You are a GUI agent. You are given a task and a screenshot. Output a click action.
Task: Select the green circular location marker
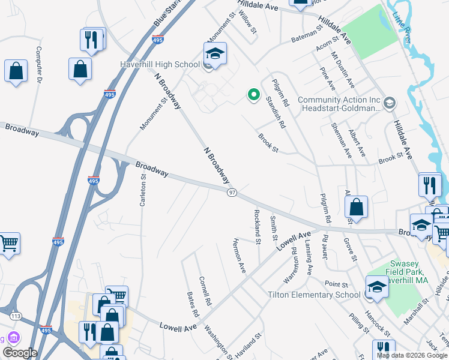click(254, 94)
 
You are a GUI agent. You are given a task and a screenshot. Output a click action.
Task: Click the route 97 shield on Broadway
click(232, 192)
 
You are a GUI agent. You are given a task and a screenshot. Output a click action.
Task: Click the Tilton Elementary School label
click(314, 295)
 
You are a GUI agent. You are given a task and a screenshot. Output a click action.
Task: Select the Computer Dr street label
click(39, 65)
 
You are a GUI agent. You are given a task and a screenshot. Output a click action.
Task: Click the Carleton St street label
click(143, 190)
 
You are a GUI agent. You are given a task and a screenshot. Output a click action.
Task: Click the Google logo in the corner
click(20, 353)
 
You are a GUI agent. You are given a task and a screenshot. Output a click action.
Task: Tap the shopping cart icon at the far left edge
click(8, 244)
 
